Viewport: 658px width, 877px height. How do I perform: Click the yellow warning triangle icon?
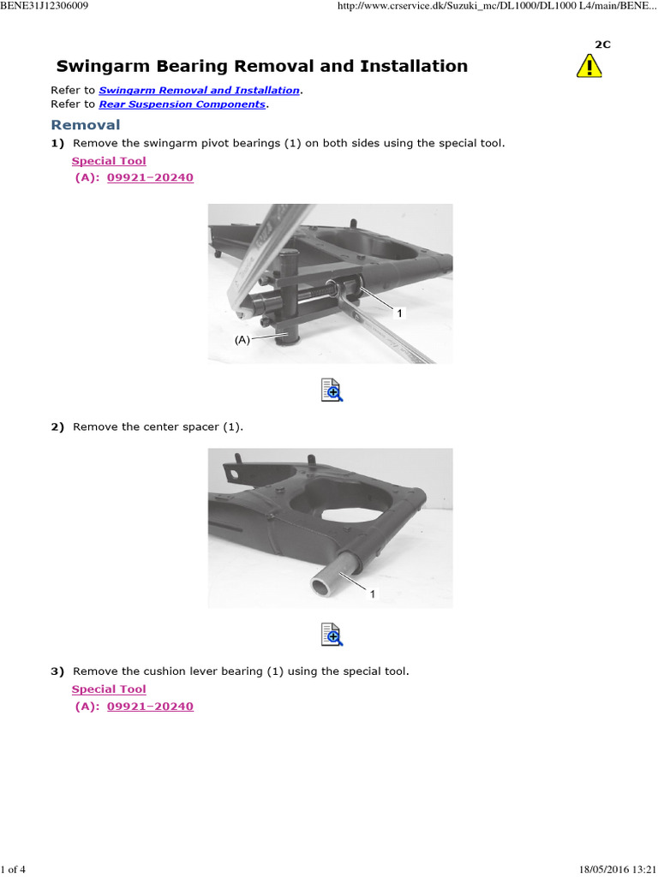(x=589, y=66)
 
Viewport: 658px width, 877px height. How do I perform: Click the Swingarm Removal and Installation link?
(x=199, y=90)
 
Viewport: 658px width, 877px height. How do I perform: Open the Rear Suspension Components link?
(x=182, y=104)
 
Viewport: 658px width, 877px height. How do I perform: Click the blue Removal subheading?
(x=86, y=125)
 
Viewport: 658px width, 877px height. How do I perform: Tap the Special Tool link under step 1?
(x=109, y=161)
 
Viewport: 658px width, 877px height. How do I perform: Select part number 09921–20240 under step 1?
(x=150, y=177)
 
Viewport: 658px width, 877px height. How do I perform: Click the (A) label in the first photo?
(x=242, y=339)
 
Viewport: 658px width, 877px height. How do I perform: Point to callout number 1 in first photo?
(x=398, y=314)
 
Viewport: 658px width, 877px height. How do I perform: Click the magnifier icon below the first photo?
(x=332, y=390)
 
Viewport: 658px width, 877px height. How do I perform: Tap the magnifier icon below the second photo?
(x=332, y=635)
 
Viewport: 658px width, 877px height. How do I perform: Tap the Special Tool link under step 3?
(x=109, y=689)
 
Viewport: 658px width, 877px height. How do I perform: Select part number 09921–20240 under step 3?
(x=150, y=707)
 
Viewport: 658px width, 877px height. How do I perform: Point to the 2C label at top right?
(x=602, y=45)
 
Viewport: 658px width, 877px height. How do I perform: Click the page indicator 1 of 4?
(x=14, y=870)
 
